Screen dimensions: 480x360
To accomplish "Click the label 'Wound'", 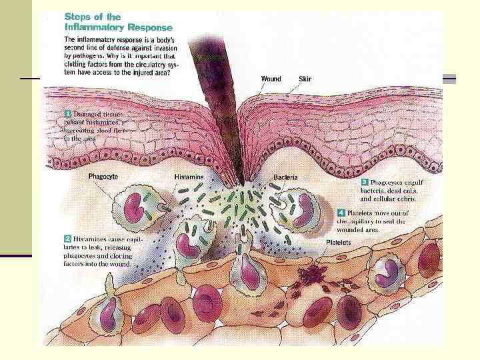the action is pos(271,79).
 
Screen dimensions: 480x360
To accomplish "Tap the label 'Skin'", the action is pos(306,79).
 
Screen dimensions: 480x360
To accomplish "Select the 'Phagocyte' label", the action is pos(104,177).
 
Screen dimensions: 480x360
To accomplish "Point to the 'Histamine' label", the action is pos(190,177).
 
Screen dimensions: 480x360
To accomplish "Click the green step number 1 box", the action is pos(67,114).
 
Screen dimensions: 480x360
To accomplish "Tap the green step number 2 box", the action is pos(67,237).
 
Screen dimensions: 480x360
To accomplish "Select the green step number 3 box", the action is pos(364,181).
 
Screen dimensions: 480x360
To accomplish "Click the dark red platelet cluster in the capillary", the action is pos(311,274).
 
